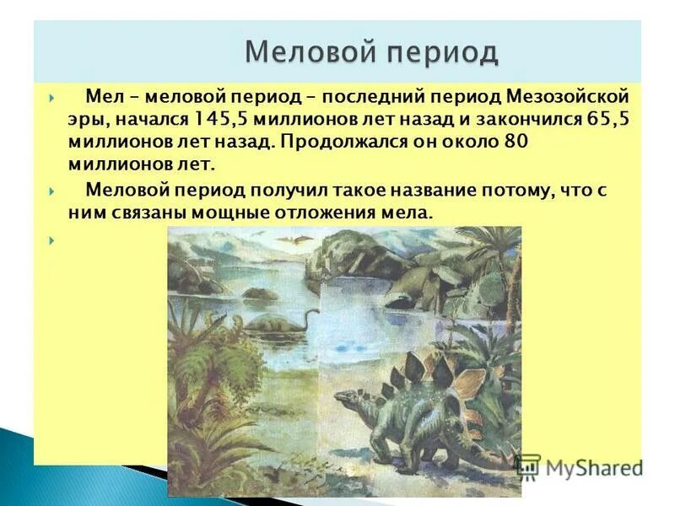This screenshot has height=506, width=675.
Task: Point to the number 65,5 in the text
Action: (607, 120)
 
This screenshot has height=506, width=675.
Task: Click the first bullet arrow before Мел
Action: (51, 99)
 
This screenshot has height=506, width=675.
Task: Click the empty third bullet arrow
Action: (51, 240)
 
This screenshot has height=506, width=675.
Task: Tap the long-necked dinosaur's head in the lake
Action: (313, 313)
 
